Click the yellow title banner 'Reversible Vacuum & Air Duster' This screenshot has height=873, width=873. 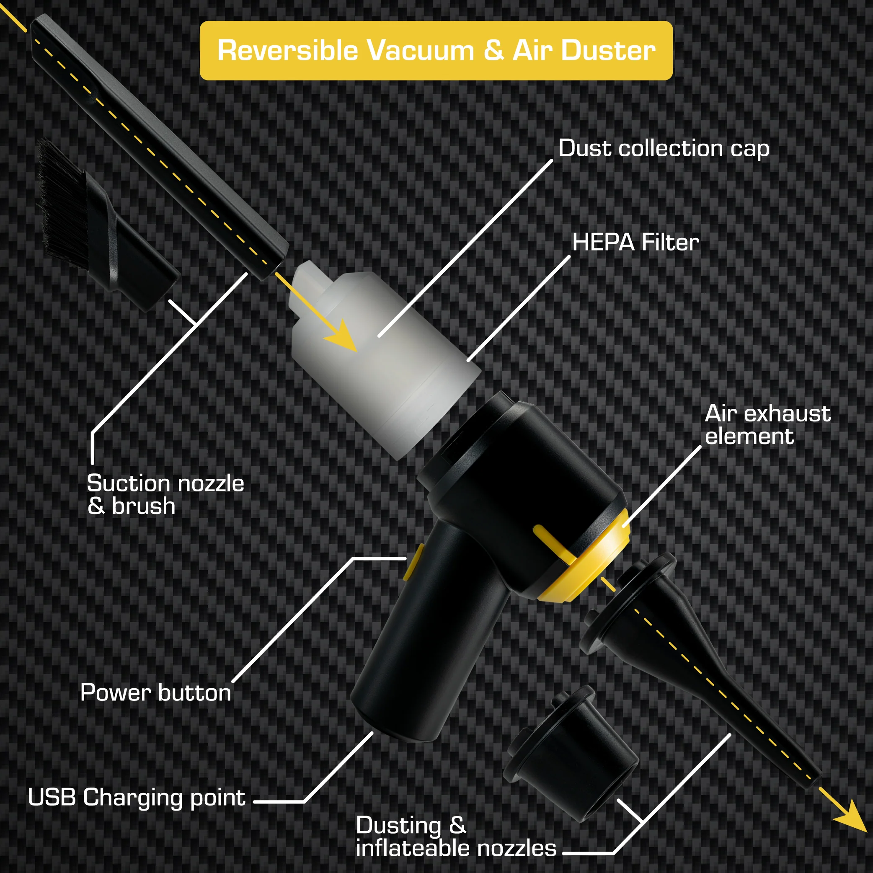436,51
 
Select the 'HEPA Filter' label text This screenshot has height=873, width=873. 635,242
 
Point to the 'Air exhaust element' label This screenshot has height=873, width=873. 767,425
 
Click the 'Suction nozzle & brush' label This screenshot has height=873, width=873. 165,494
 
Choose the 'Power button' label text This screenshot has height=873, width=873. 155,693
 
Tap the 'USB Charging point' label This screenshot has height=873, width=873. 137,798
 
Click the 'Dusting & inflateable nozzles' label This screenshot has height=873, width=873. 455,837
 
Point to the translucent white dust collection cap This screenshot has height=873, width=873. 384,362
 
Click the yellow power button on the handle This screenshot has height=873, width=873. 413,562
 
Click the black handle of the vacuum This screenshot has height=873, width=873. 429,633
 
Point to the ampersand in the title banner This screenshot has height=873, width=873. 493,50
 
